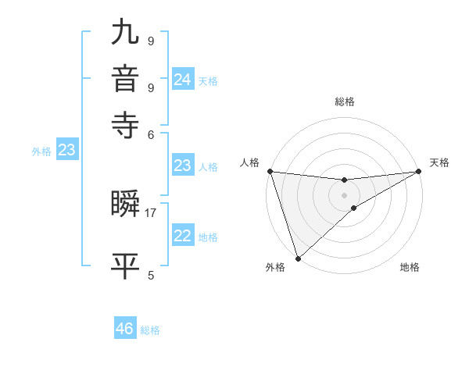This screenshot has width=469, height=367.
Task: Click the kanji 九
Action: pyautogui.click(x=127, y=34)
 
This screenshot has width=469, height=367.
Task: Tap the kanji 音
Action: pyautogui.click(x=127, y=79)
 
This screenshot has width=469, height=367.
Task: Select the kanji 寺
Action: pyautogui.click(x=127, y=124)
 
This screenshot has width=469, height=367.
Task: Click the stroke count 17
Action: pyautogui.click(x=151, y=212)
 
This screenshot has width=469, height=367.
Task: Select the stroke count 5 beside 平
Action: pyautogui.click(x=151, y=275)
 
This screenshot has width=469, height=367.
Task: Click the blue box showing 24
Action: pyautogui.click(x=182, y=80)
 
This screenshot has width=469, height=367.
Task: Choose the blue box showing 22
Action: pyautogui.click(x=182, y=236)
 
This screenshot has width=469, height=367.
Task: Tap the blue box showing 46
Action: pyautogui.click(x=124, y=329)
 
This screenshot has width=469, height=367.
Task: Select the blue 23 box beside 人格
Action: pyautogui.click(x=182, y=166)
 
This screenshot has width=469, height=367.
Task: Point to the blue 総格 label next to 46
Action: pyautogui.click(x=150, y=330)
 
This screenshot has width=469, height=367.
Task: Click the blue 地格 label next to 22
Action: pyautogui.click(x=209, y=237)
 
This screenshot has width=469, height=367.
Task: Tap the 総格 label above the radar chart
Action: pyautogui.click(x=344, y=102)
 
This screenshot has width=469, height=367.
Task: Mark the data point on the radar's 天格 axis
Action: pyautogui.click(x=418, y=171)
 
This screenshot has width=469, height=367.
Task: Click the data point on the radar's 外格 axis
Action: pyautogui.click(x=298, y=258)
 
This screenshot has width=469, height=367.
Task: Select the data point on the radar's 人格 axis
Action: pyautogui.click(x=270, y=171)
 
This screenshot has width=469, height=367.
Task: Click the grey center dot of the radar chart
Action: pyautogui.click(x=344, y=194)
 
